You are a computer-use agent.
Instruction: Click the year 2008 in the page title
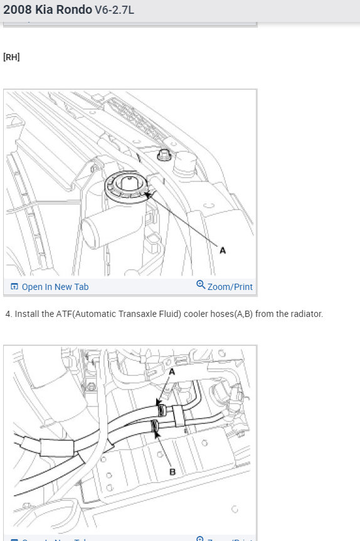[x=18, y=10]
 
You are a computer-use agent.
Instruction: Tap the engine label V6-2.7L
[x=114, y=11]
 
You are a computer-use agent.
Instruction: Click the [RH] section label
[x=11, y=57]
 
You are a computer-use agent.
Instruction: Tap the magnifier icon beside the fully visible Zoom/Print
[x=201, y=286]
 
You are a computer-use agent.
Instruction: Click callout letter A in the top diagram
[x=223, y=250]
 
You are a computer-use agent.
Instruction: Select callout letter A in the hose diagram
[x=172, y=372]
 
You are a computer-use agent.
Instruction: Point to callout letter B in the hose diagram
[x=172, y=471]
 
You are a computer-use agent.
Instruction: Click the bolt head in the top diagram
[x=166, y=154]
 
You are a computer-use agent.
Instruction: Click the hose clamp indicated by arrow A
[x=161, y=410]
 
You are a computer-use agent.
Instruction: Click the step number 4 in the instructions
[x=8, y=314]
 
